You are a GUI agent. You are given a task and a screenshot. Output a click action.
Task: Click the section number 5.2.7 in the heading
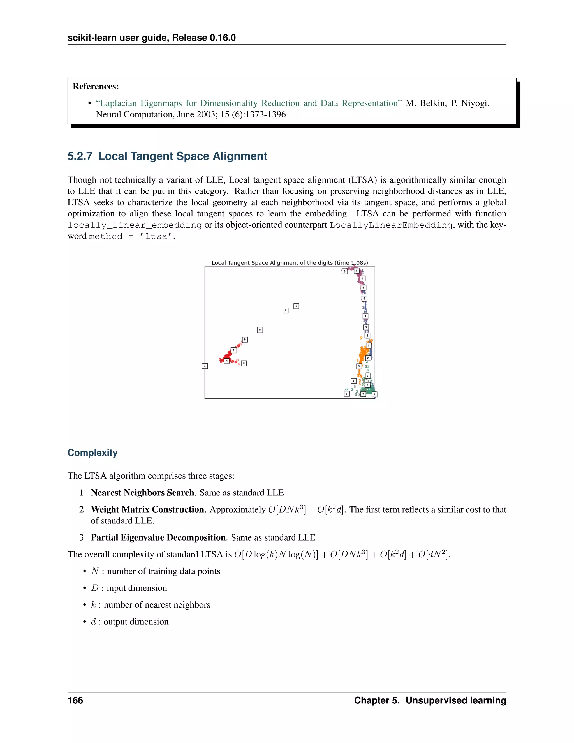click(80, 156)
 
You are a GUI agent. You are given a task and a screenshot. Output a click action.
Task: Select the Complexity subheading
click(92, 453)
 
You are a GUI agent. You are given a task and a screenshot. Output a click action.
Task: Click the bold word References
click(96, 86)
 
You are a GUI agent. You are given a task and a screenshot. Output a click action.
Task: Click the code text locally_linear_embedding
click(135, 225)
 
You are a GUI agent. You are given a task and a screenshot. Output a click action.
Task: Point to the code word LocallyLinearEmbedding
click(391, 225)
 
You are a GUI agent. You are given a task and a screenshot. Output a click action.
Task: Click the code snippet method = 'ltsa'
click(132, 236)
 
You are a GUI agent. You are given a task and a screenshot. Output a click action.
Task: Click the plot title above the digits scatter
click(290, 263)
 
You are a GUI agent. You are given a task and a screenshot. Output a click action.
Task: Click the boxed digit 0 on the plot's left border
click(205, 366)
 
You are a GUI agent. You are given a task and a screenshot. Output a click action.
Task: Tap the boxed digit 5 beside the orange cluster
click(359, 366)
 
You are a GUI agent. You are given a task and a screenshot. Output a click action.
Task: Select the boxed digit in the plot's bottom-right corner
click(374, 394)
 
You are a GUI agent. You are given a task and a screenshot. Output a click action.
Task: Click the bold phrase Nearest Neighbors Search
click(142, 493)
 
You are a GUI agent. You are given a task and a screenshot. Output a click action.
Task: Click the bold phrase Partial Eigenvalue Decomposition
click(158, 537)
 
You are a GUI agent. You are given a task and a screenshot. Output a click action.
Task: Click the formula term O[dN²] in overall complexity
click(434, 554)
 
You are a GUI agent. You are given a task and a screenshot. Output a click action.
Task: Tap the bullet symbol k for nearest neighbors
click(93, 605)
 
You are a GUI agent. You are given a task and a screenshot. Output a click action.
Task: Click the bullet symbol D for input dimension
click(94, 588)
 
